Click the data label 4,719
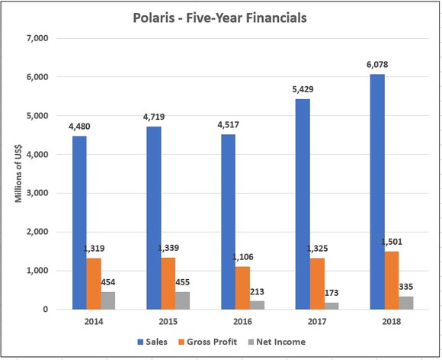152,119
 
